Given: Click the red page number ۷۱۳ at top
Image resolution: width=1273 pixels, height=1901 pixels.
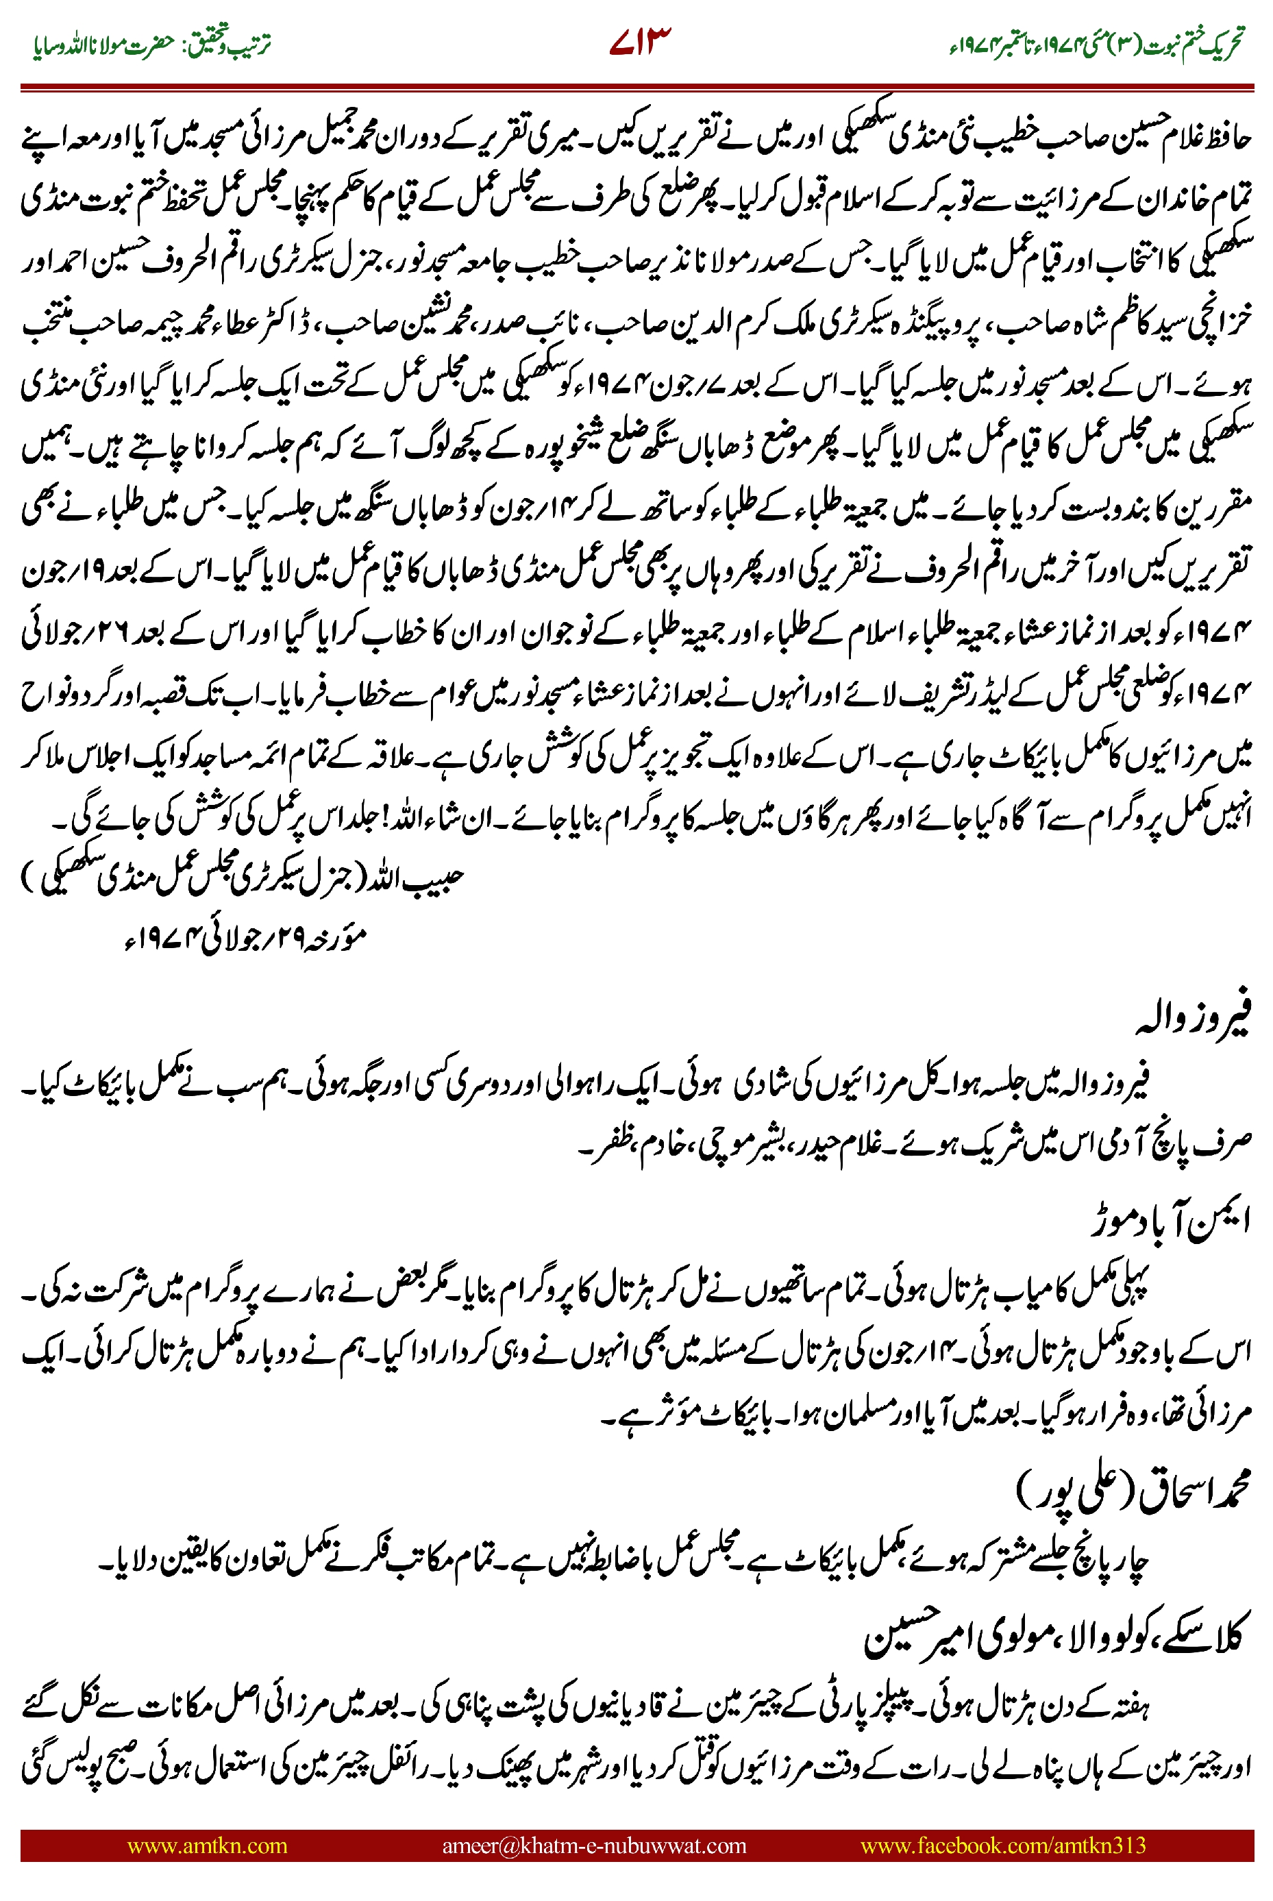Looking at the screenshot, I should click(x=640, y=42).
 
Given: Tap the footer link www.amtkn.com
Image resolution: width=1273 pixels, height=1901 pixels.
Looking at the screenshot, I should click(x=207, y=1845).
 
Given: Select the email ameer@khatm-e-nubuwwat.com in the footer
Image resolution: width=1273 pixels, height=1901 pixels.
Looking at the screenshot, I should click(x=593, y=1845).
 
